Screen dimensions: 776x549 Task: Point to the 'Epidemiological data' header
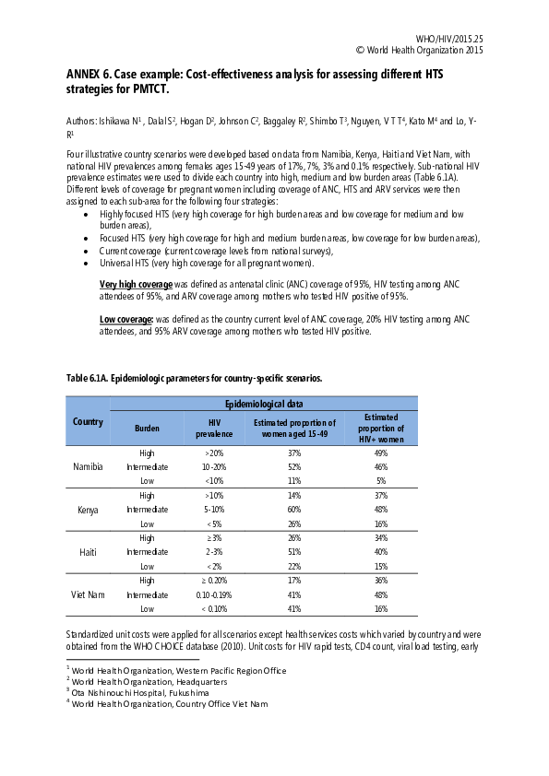263,404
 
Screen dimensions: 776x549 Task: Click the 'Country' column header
88,422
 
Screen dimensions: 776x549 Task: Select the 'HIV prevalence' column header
213,428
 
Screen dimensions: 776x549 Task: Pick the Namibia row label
88,467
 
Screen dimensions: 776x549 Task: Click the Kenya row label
88,509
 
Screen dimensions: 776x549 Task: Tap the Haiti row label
88,552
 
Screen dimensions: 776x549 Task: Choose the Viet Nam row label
88,594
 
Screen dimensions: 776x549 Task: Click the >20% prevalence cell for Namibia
213,453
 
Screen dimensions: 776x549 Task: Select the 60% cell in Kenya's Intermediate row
294,510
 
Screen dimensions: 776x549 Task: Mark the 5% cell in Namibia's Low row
380,481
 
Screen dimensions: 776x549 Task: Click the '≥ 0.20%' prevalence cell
213,581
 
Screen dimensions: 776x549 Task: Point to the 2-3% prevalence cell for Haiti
213,552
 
